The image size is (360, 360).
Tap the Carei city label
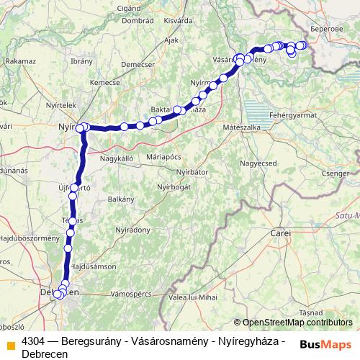(281, 235)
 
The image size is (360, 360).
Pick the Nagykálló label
(118, 158)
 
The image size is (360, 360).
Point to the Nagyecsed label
(258, 163)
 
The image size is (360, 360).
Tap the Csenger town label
(336, 174)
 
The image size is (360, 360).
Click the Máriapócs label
(162, 156)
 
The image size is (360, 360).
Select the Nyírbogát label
(175, 186)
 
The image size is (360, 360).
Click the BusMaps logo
(325, 343)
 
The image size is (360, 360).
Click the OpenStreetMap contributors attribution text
(297, 323)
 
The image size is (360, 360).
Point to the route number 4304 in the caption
(34, 341)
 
